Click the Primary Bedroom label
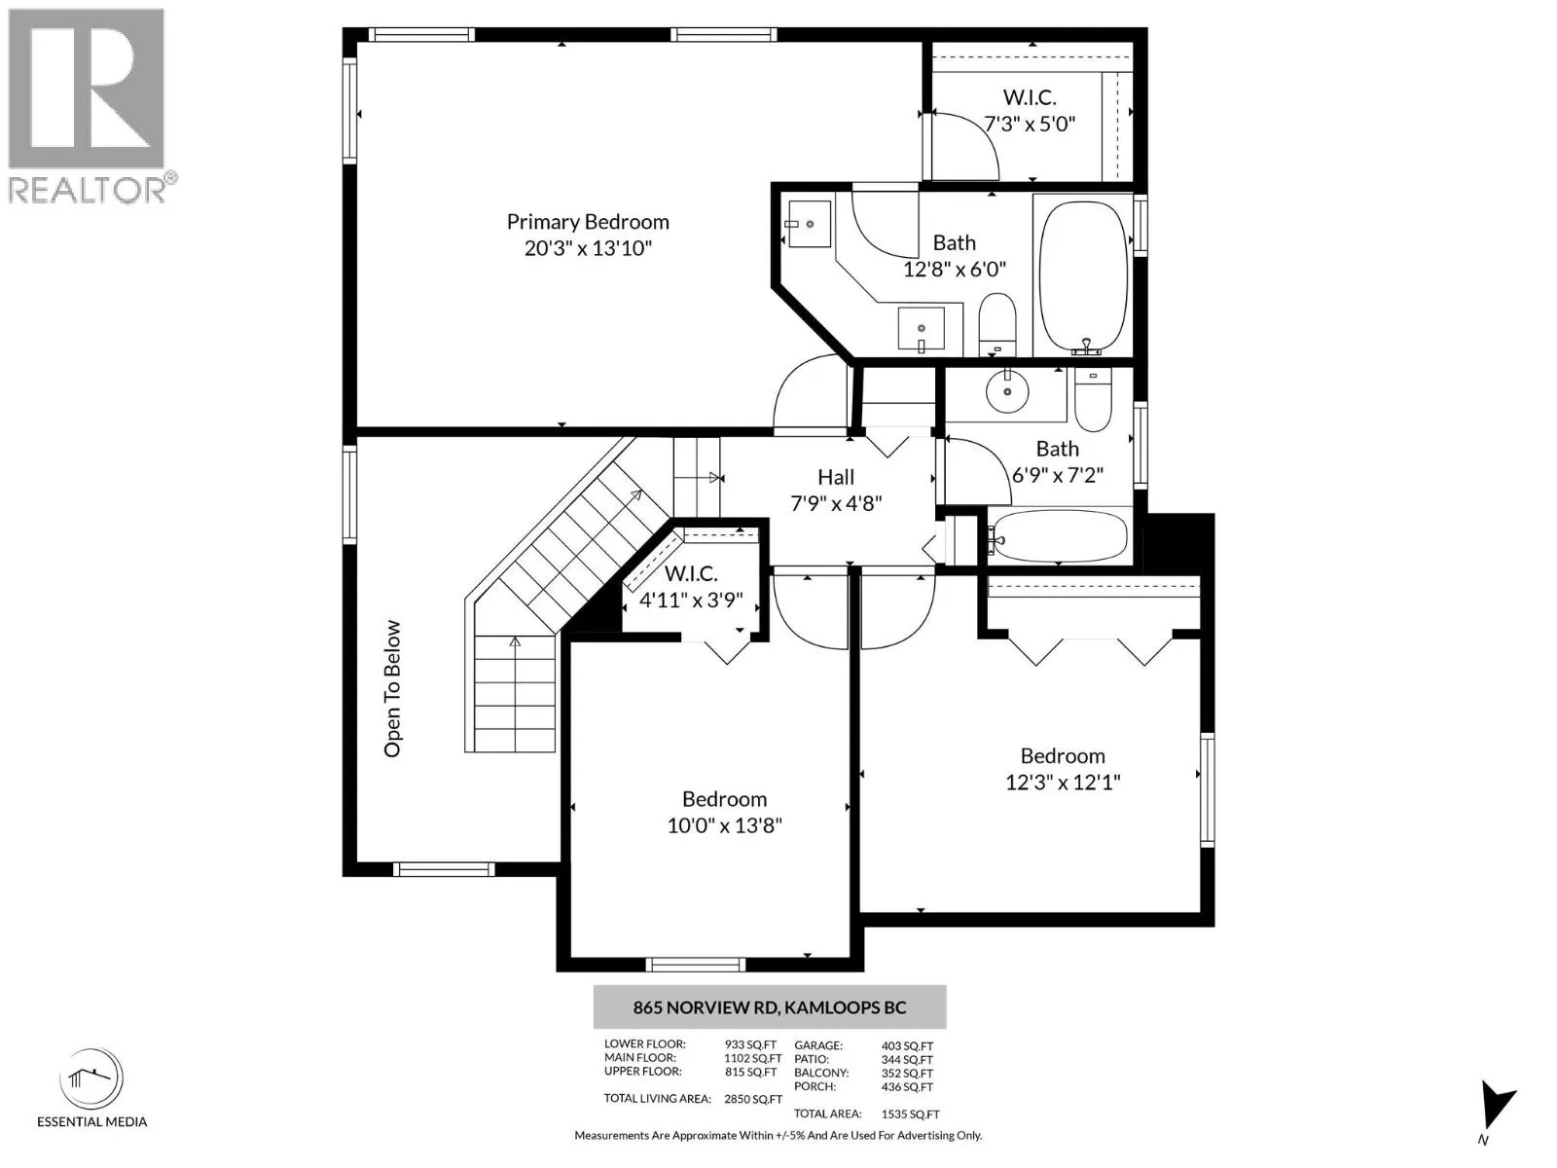(x=588, y=222)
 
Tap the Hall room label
(x=836, y=477)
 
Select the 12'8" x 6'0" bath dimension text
(x=954, y=270)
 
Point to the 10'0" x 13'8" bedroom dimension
(x=724, y=825)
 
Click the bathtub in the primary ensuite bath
(x=1082, y=276)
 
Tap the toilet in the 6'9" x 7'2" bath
(x=1093, y=399)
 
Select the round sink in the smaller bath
(x=1006, y=390)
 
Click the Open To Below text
(x=392, y=688)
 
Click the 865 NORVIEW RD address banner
(x=770, y=1007)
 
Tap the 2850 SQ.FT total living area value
(x=752, y=1099)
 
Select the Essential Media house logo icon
(x=91, y=1078)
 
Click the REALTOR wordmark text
(x=88, y=190)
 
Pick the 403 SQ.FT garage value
(x=907, y=1046)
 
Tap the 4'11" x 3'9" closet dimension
(x=691, y=601)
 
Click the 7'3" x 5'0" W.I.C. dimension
(x=1030, y=125)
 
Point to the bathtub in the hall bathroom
(x=1060, y=537)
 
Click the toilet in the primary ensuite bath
(x=997, y=324)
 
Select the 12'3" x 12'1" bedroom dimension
(x=1063, y=783)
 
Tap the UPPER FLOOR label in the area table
(x=642, y=1072)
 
